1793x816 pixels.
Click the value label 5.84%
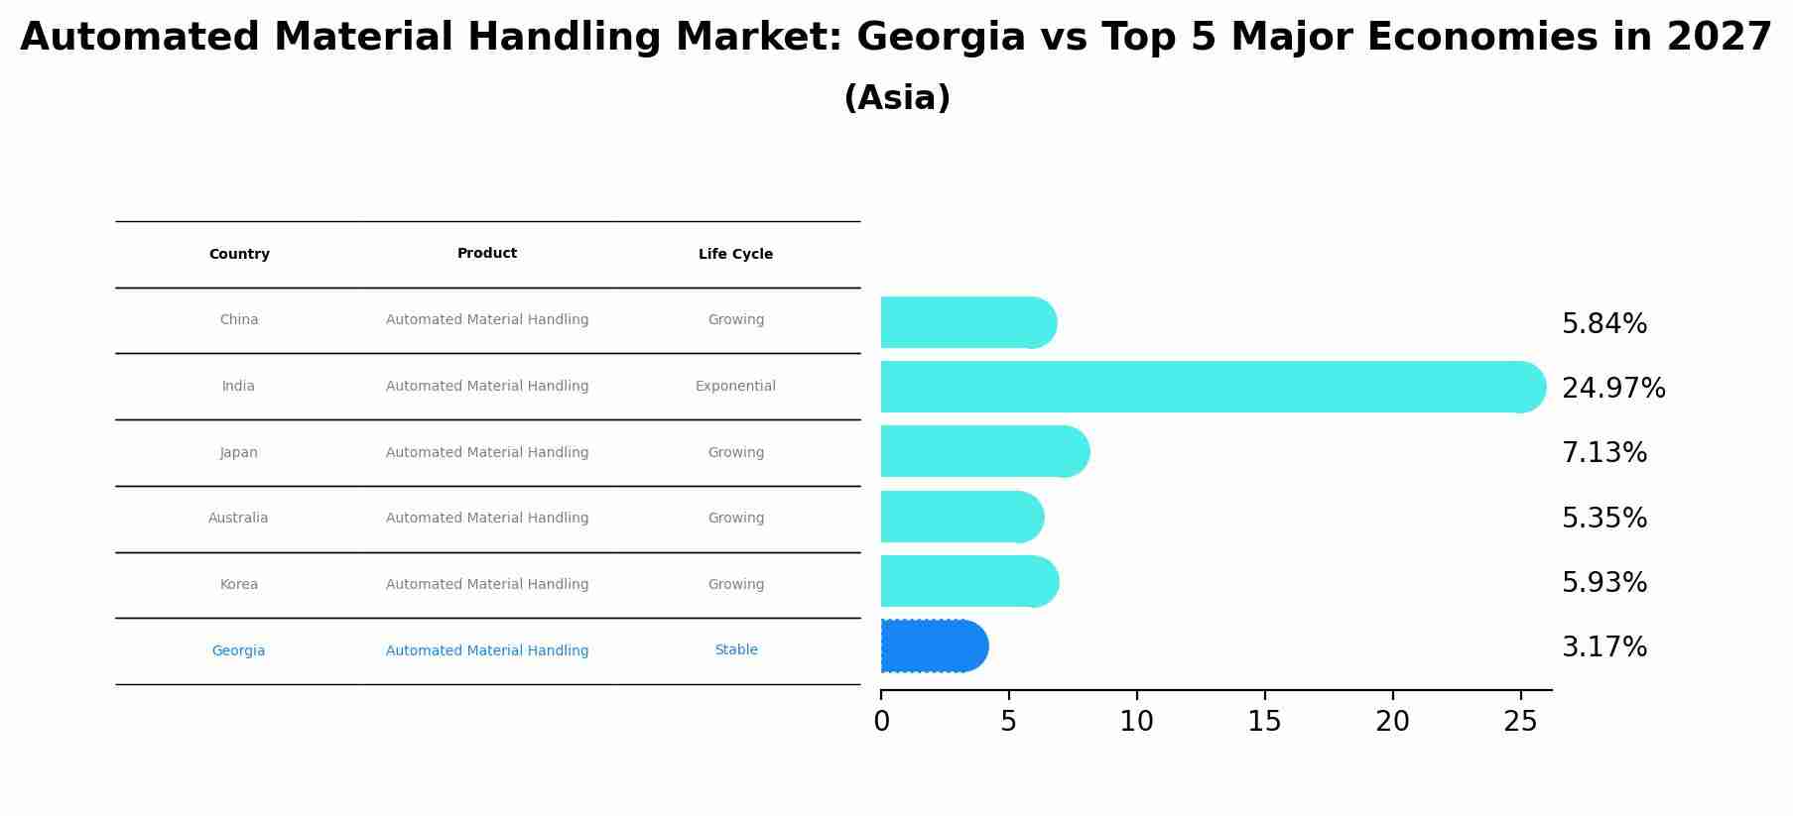(x=1603, y=324)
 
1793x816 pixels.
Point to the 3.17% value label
(x=1603, y=647)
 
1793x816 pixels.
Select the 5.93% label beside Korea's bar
(x=1603, y=583)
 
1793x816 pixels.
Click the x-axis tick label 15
(x=1264, y=722)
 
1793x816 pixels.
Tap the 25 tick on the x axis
(x=1520, y=722)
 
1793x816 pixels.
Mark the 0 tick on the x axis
(x=881, y=722)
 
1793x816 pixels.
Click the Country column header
(x=239, y=255)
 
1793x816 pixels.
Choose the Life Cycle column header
(x=735, y=255)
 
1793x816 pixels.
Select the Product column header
(x=487, y=254)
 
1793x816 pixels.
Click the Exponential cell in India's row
(x=735, y=387)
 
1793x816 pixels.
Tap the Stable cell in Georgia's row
(x=735, y=650)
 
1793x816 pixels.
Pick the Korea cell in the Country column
(x=239, y=585)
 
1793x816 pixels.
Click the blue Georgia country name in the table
(x=238, y=651)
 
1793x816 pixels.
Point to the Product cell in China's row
(x=487, y=320)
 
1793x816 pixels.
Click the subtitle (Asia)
(x=897, y=98)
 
